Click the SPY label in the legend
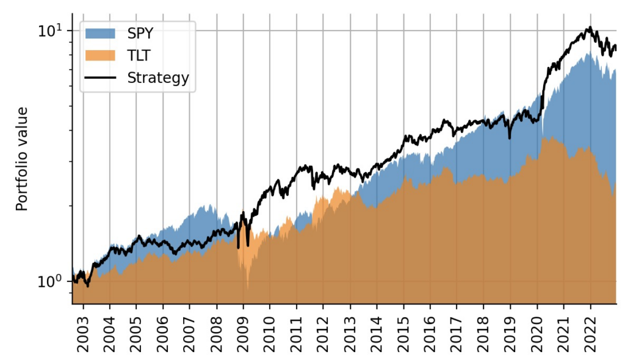[x=140, y=32]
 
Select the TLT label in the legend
[x=139, y=56]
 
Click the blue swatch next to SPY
[x=100, y=32]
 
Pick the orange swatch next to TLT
[x=100, y=56]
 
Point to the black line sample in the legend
[x=100, y=78]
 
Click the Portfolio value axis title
[x=23, y=159]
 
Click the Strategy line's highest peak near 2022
[x=589, y=27]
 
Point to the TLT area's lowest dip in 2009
[x=247, y=288]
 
